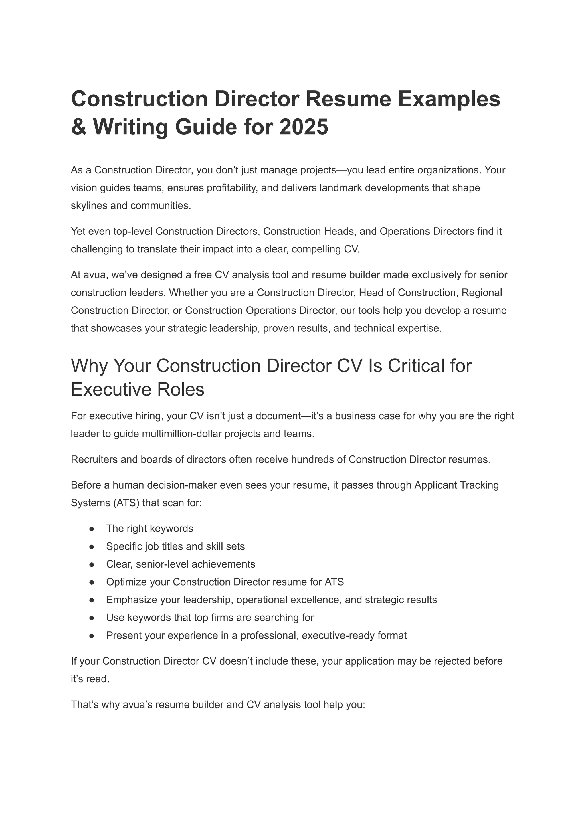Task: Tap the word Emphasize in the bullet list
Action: (131, 600)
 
